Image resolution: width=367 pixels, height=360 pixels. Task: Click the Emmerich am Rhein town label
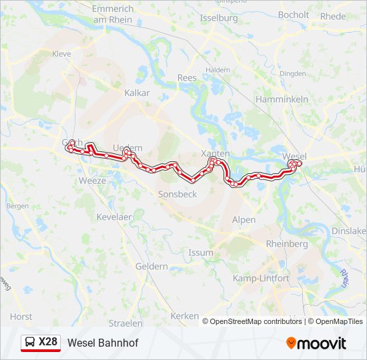click(113, 15)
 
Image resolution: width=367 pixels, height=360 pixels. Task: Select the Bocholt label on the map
click(294, 15)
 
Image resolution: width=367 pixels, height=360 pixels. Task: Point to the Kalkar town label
click(137, 93)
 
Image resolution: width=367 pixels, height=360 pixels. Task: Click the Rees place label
click(187, 78)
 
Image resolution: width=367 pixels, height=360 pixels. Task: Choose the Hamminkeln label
click(282, 99)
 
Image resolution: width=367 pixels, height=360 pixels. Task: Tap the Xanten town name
click(216, 153)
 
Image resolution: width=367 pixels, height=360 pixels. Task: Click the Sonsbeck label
click(177, 195)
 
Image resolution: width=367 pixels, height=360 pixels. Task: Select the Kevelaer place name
click(115, 217)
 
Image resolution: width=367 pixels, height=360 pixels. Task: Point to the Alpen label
click(244, 219)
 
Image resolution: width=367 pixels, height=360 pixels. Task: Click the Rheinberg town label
click(287, 244)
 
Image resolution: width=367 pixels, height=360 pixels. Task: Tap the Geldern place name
click(151, 266)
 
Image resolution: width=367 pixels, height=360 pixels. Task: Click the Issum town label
click(201, 253)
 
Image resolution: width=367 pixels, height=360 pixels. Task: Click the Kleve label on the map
click(61, 53)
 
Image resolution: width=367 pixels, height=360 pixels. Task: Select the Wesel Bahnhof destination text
click(103, 343)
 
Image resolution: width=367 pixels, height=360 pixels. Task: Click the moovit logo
click(316, 343)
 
